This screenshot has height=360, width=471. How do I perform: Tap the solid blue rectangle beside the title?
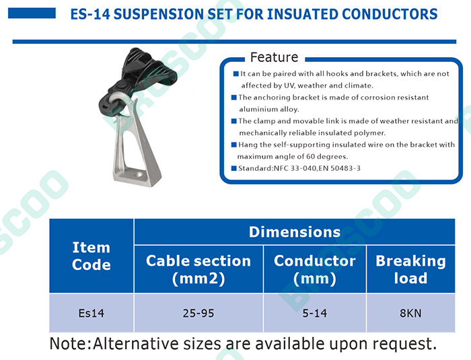(x=32, y=13)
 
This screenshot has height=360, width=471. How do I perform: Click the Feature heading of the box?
(x=274, y=57)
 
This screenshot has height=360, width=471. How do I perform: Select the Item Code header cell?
(x=92, y=256)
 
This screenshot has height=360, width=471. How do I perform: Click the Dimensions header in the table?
(x=295, y=232)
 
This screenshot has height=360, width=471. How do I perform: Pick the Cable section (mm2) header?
(x=198, y=269)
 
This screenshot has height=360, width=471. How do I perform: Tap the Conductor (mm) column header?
(x=315, y=269)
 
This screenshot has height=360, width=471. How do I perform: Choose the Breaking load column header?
(x=410, y=269)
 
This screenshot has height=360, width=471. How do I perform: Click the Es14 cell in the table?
(x=92, y=313)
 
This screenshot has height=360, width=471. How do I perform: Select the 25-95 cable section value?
(x=198, y=313)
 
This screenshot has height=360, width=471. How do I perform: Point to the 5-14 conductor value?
(x=315, y=313)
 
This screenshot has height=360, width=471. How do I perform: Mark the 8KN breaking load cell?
(x=410, y=313)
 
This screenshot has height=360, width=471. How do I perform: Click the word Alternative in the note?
(x=136, y=343)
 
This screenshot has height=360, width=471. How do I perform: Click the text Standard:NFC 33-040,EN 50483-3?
(x=299, y=168)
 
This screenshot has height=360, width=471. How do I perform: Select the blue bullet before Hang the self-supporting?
(x=234, y=145)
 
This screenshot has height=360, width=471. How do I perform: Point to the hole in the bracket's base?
(x=139, y=174)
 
